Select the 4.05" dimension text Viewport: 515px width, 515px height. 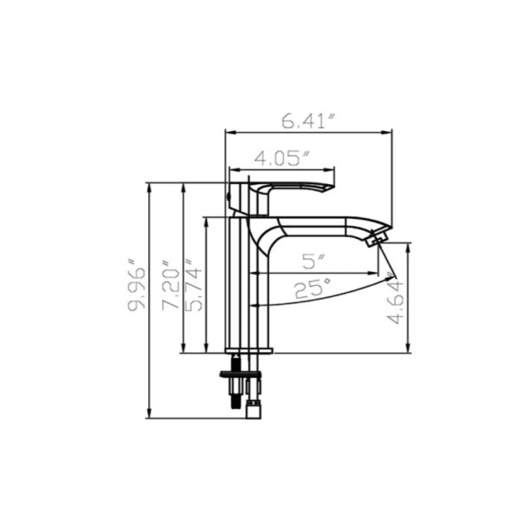[282, 158]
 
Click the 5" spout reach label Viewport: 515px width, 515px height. [313, 262]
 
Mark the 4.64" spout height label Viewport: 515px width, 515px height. [396, 302]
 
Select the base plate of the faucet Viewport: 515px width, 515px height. [248, 351]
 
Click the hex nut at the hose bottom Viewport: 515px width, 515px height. [253, 411]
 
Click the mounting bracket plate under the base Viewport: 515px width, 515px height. [240, 376]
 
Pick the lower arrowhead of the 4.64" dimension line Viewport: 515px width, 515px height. [408, 349]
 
